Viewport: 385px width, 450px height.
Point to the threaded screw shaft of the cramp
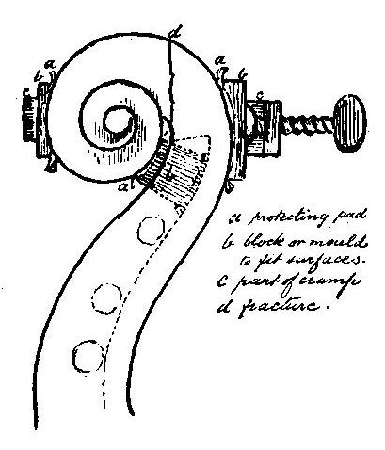click(x=305, y=121)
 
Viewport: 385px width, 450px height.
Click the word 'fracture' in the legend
click(x=282, y=305)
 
